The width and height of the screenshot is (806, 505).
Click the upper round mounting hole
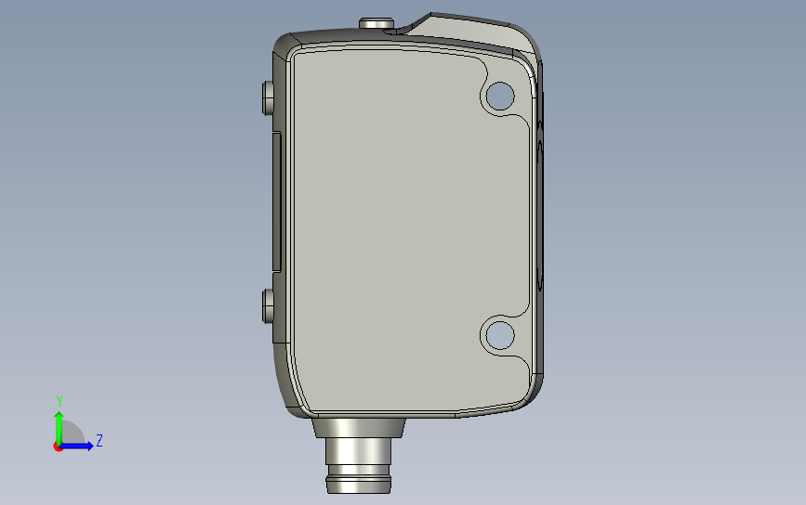[x=499, y=94]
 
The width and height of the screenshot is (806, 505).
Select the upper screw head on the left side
[x=268, y=96]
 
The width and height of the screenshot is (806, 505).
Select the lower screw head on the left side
[x=268, y=305]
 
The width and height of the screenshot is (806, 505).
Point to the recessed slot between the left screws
[x=276, y=201]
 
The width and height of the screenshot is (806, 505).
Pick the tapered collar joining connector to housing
[x=359, y=427]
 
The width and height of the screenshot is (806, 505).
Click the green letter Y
[x=59, y=401]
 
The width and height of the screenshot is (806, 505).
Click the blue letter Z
[x=99, y=441]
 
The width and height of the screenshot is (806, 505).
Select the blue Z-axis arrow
[x=78, y=447]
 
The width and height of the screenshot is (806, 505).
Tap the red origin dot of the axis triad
[x=58, y=447]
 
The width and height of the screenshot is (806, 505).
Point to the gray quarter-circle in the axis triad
[x=72, y=434]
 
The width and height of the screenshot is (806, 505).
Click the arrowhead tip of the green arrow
[x=59, y=411]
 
